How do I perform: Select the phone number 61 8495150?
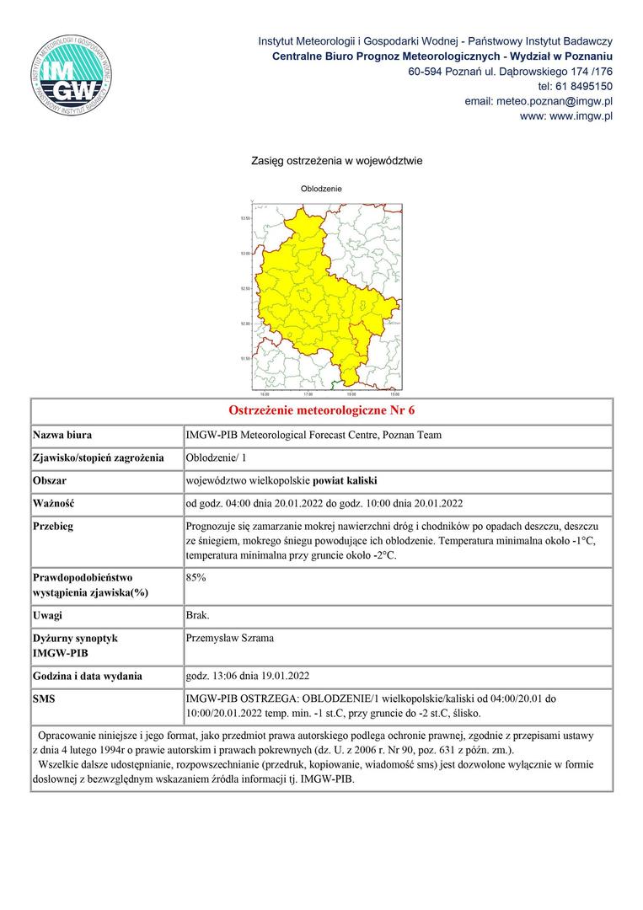point(582,86)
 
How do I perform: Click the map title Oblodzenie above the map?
point(321,189)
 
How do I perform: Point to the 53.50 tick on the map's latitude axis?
point(245,218)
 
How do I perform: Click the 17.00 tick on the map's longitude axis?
point(308,393)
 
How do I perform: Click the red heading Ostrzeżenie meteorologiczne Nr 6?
point(322,411)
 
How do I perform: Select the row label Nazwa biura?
point(62,436)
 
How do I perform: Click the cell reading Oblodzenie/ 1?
point(216,458)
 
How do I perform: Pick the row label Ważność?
point(54,504)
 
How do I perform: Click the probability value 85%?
point(196,578)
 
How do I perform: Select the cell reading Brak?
point(198,615)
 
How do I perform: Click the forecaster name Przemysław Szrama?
point(229,639)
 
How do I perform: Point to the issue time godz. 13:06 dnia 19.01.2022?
point(248,676)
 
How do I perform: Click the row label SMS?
point(44,699)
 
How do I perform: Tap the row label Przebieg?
point(53,527)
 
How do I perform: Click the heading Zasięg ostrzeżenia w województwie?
point(336,160)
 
